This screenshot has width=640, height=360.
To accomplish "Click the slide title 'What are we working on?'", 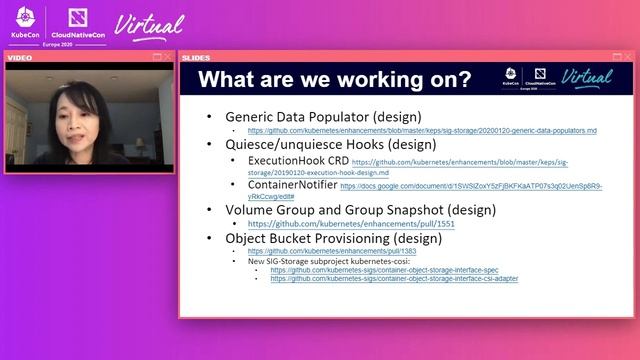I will [x=335, y=80].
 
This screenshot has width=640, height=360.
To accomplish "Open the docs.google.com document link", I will [x=470, y=186].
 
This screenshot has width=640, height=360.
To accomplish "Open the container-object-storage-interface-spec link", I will [x=384, y=270].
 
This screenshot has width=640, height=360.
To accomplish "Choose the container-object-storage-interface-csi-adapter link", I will [x=394, y=279].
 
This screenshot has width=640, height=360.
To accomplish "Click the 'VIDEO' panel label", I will [x=20, y=58].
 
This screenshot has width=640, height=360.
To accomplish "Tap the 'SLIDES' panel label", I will [x=196, y=58].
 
